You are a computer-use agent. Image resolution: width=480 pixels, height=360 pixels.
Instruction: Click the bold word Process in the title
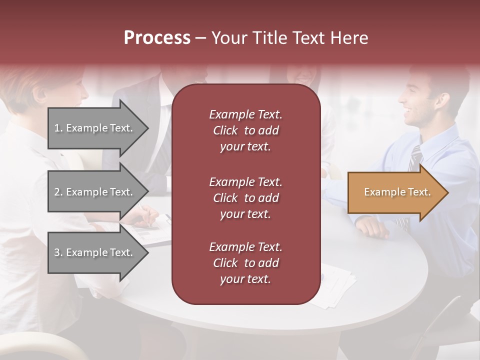tap(157, 38)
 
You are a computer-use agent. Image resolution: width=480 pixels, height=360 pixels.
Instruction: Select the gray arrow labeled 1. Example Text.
tap(95, 128)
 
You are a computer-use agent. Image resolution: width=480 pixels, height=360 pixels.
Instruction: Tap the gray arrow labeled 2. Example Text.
tap(95, 192)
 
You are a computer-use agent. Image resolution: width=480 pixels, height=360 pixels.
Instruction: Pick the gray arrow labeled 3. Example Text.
tap(95, 252)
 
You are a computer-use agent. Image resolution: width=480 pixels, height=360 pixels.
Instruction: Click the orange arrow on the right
tap(395, 192)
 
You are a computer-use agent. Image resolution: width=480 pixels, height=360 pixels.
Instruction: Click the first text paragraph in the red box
tap(245, 130)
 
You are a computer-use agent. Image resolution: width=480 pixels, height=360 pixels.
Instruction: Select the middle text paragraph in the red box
tap(245, 198)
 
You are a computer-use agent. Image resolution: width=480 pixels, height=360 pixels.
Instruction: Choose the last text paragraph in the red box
tap(245, 263)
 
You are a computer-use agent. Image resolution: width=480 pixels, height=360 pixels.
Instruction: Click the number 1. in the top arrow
tap(58, 128)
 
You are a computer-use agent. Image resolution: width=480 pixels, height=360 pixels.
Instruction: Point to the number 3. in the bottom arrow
tap(58, 252)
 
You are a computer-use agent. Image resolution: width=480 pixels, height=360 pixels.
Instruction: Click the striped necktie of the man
tap(414, 159)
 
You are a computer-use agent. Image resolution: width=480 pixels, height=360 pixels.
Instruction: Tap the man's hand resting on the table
tap(372, 228)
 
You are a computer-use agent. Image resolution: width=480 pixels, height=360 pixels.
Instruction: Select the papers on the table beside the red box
tap(335, 285)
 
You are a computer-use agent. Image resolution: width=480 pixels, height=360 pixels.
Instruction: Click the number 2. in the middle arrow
tap(58, 192)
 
